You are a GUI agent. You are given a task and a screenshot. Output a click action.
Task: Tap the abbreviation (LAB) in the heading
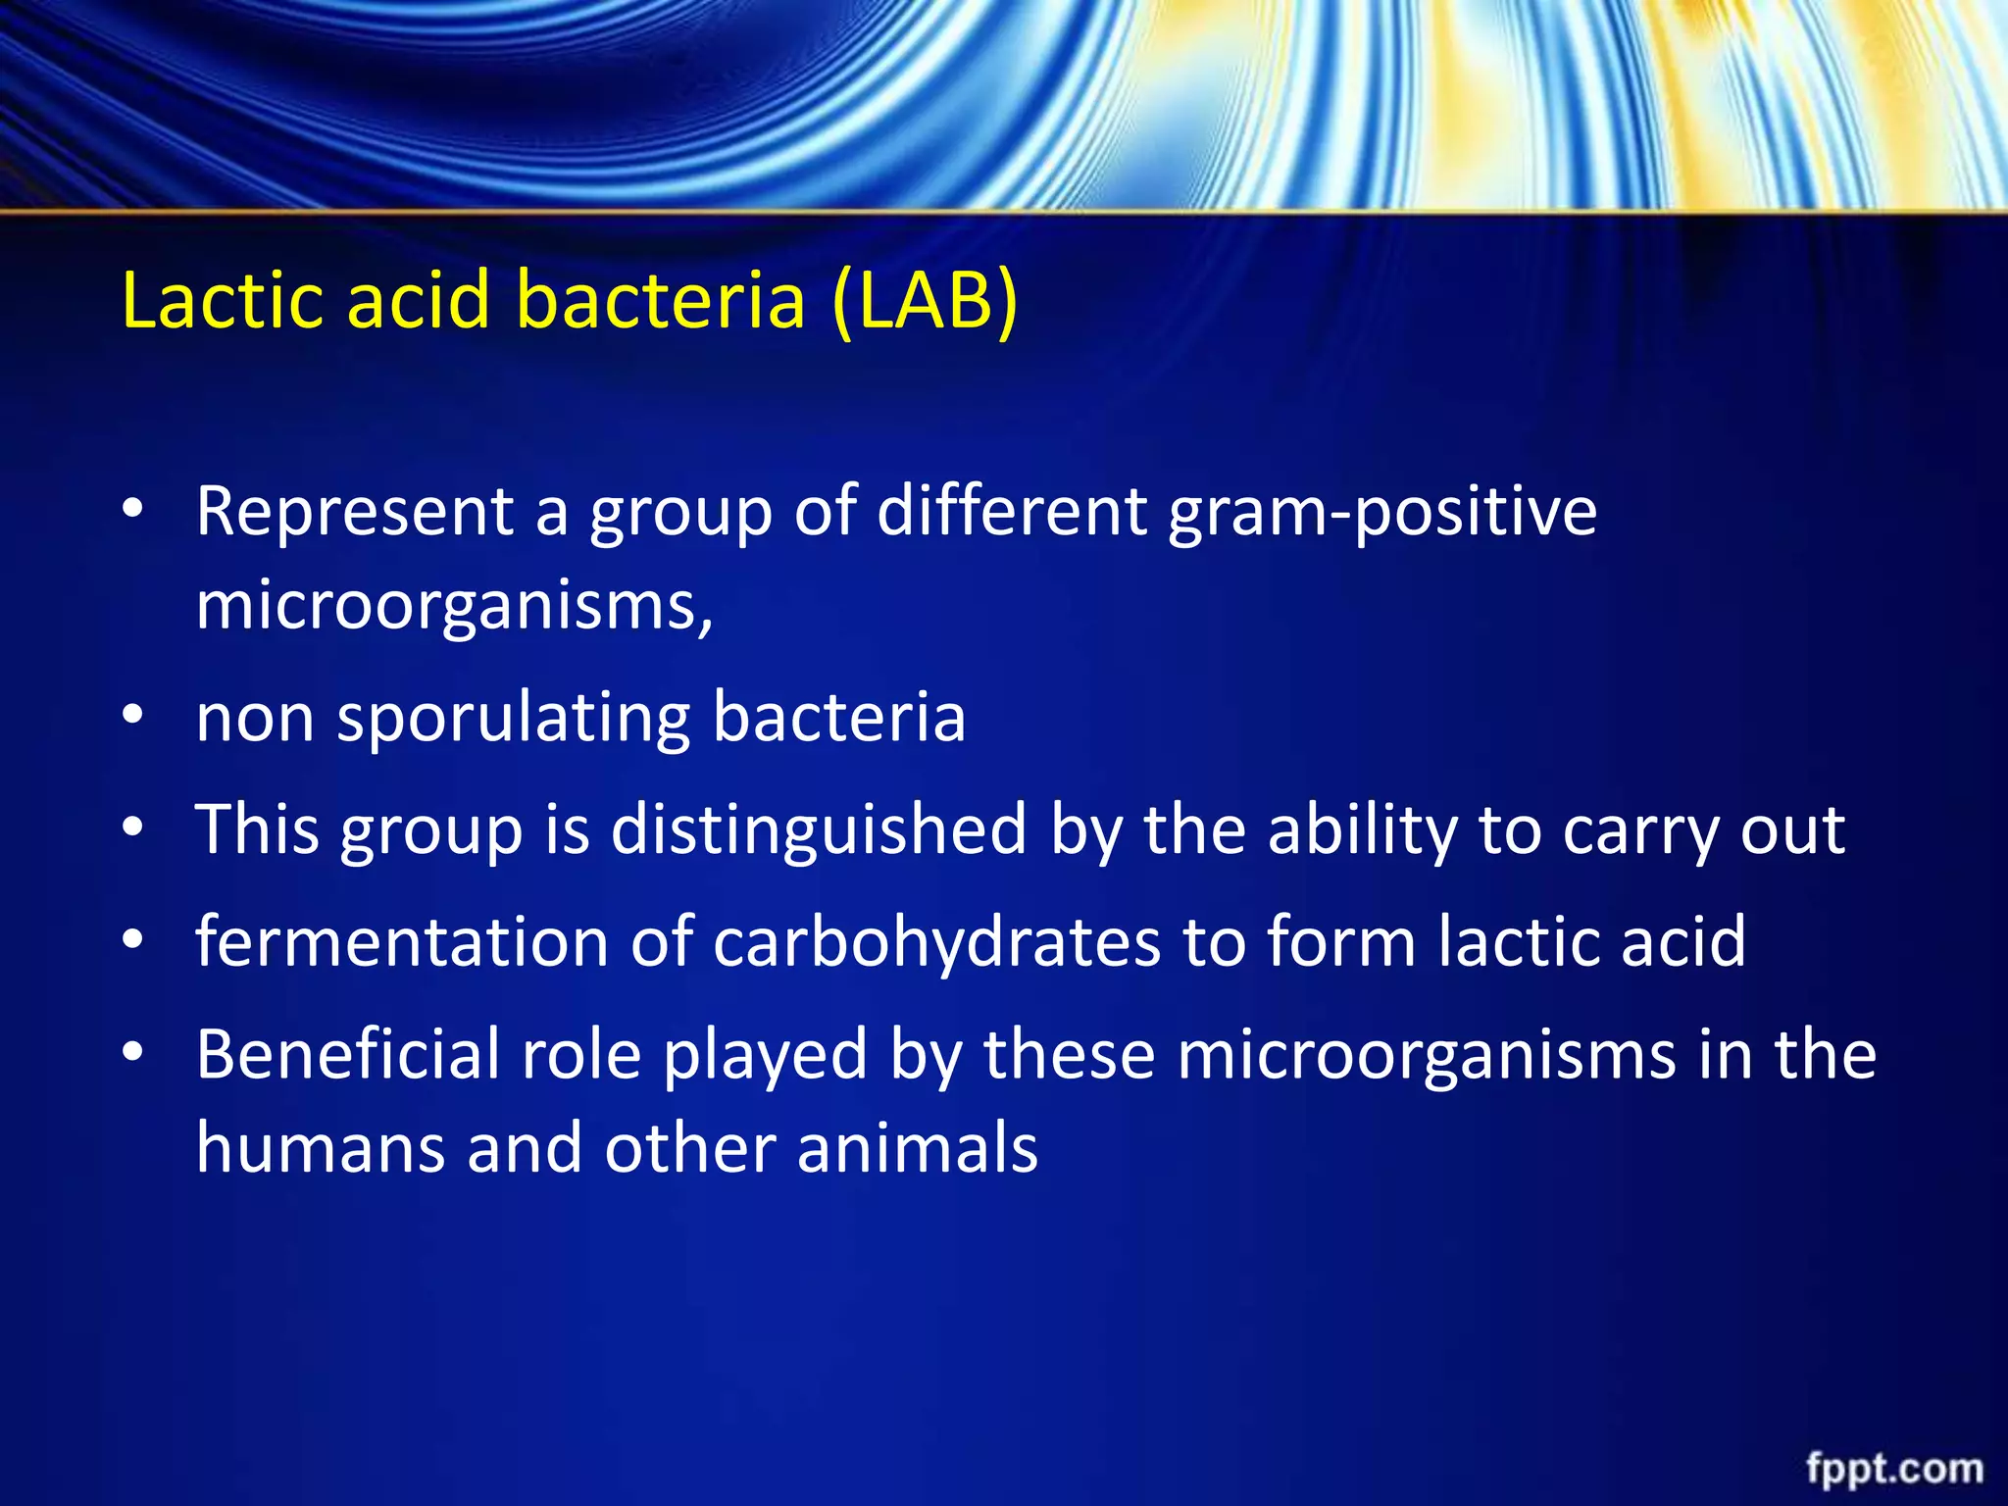coord(925,301)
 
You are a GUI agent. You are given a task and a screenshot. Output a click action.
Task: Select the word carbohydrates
coord(936,942)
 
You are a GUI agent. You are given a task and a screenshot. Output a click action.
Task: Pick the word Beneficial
coord(348,1055)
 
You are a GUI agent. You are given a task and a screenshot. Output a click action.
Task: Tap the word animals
coord(917,1148)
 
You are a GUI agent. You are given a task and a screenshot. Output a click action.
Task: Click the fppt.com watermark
coord(1894,1469)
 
